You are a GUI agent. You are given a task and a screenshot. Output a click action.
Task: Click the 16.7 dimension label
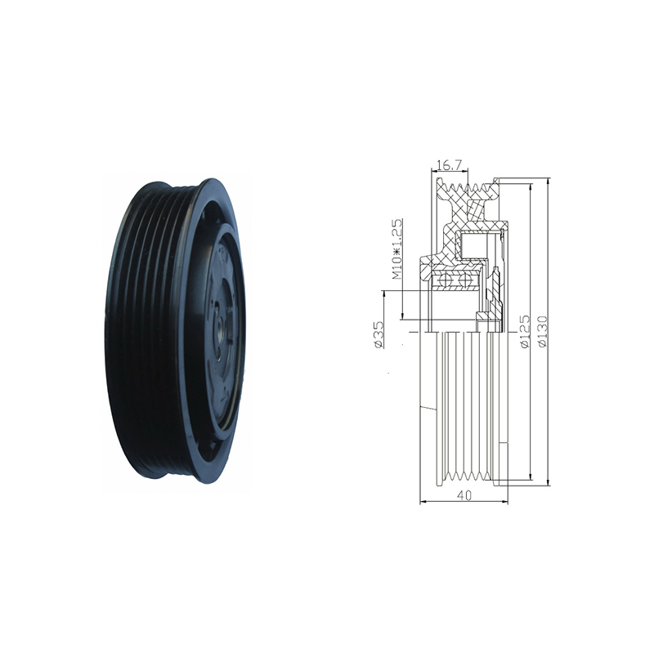pyautogui.click(x=450, y=166)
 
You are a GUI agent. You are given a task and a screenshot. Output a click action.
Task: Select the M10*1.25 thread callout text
pyautogui.click(x=396, y=249)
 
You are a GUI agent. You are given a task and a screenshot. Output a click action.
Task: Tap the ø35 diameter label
pyautogui.click(x=379, y=334)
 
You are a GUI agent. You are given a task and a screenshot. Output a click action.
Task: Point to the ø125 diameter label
pyautogui.click(x=524, y=331)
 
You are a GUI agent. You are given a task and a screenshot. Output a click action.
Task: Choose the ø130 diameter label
pyautogui.click(x=542, y=331)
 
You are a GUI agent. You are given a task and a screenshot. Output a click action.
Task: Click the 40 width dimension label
pyautogui.click(x=464, y=495)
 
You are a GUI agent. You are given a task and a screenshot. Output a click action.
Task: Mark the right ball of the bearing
pyautogui.click(x=463, y=280)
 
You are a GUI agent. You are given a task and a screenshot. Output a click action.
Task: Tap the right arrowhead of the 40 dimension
pyautogui.click(x=504, y=501)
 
